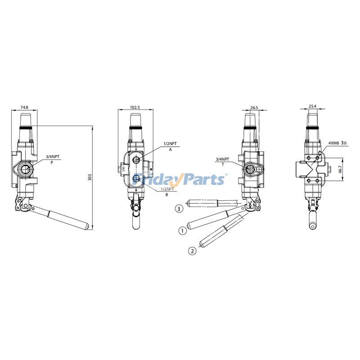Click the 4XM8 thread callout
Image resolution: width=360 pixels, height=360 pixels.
click(x=334, y=143)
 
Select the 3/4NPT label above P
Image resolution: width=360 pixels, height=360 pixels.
click(x=52, y=157)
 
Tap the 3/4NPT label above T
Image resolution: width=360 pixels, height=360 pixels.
click(x=222, y=159)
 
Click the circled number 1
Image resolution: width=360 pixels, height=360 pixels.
click(x=182, y=230)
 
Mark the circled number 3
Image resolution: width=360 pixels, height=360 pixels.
click(x=180, y=208)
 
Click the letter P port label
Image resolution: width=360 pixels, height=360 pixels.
click(x=52, y=162)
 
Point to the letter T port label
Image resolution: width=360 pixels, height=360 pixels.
click(x=222, y=164)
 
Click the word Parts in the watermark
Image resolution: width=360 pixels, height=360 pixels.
click(x=203, y=179)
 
